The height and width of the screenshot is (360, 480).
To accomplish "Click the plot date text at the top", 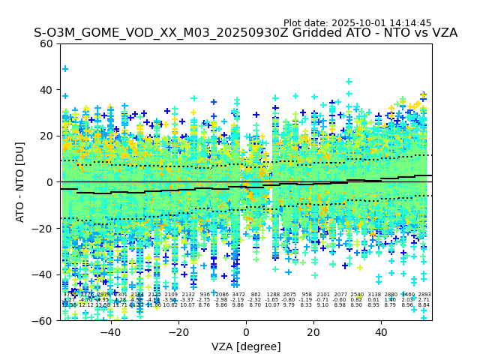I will (x=367, y=23).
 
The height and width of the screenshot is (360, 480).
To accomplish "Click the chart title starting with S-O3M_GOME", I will (x=245, y=34).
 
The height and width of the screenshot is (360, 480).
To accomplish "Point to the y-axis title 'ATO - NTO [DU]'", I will (x=21, y=182).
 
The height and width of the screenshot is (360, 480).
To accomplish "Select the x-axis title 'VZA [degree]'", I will (x=246, y=346).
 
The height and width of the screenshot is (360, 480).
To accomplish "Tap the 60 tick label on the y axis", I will (x=46, y=43).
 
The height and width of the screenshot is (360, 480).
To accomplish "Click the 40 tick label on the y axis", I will (x=46, y=90).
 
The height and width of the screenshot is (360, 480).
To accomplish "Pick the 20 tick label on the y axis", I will (x=46, y=136).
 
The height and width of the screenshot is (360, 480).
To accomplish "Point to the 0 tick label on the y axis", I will (x=49, y=182).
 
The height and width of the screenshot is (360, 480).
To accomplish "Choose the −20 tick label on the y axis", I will (x=43, y=229).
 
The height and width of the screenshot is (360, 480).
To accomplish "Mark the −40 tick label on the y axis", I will (x=43, y=274).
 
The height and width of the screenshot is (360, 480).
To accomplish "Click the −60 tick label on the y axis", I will (x=43, y=321).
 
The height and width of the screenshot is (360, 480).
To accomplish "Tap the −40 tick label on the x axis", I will (x=110, y=332).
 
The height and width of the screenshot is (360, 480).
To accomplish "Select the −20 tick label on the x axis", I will (x=178, y=332).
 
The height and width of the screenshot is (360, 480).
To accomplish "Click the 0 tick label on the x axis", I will (x=246, y=332).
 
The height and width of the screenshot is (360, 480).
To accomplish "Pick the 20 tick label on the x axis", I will (x=313, y=332).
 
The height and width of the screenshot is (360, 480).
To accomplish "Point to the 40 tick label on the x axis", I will (x=381, y=332).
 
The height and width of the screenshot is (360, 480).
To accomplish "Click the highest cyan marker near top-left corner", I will (x=65, y=69).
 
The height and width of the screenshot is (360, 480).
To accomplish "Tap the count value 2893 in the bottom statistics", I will (x=424, y=295).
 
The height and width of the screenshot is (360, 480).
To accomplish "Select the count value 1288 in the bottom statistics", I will (x=272, y=295).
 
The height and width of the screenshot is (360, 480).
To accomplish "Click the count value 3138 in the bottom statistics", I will (x=374, y=295).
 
